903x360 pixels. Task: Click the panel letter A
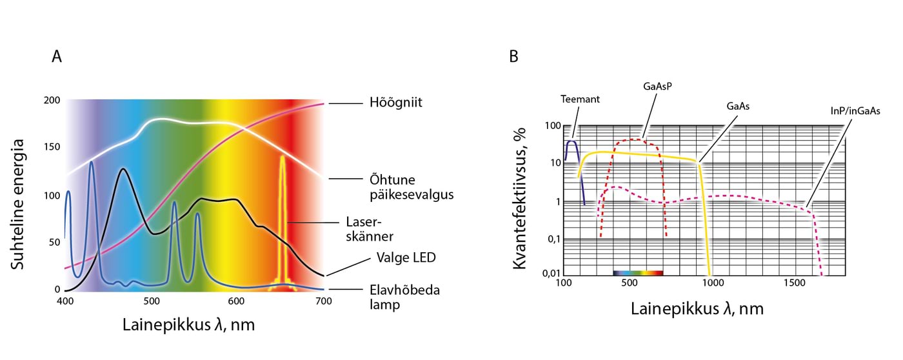coord(57,57)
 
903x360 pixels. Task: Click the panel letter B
coord(514,57)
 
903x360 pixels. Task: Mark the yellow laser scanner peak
coord(283,159)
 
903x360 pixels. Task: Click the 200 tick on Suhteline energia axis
coord(52,101)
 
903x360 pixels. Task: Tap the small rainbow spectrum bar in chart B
coord(638,274)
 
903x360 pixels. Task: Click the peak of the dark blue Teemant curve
coord(571,141)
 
